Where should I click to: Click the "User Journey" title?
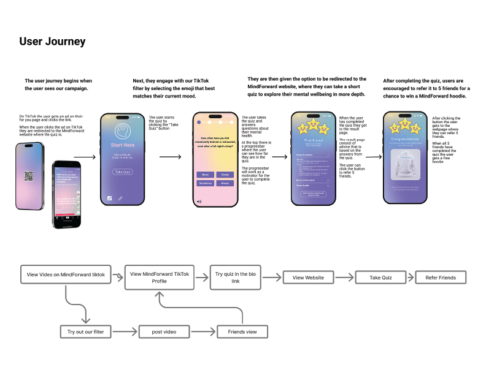pyautogui.click(x=52, y=42)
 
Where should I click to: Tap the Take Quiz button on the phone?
pyautogui.click(x=121, y=173)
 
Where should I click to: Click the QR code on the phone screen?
pyautogui.click(x=28, y=176)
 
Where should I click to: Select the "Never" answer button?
pyautogui.click(x=204, y=175)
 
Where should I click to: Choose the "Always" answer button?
pyautogui.click(x=225, y=183)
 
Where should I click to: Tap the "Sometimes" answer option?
pyautogui.click(x=204, y=183)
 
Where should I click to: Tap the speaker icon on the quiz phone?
pyautogui.click(x=198, y=201)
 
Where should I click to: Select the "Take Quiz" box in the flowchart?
pyautogui.click(x=380, y=278)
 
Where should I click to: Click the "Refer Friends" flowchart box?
pyautogui.click(x=441, y=278)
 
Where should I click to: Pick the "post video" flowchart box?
pyautogui.click(x=164, y=331)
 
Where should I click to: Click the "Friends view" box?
pyautogui.click(x=242, y=331)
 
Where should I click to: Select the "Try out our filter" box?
pyautogui.click(x=85, y=331)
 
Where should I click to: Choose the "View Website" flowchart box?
pyautogui.click(x=308, y=278)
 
